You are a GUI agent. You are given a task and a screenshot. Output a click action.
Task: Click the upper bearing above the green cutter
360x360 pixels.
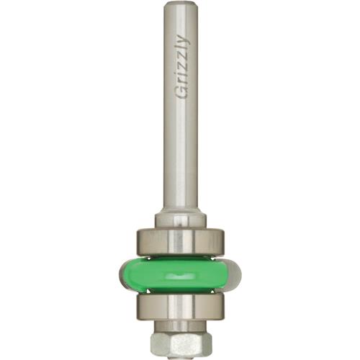pos(180,239)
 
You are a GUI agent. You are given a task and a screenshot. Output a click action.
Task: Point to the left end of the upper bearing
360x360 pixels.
pos(138,239)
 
